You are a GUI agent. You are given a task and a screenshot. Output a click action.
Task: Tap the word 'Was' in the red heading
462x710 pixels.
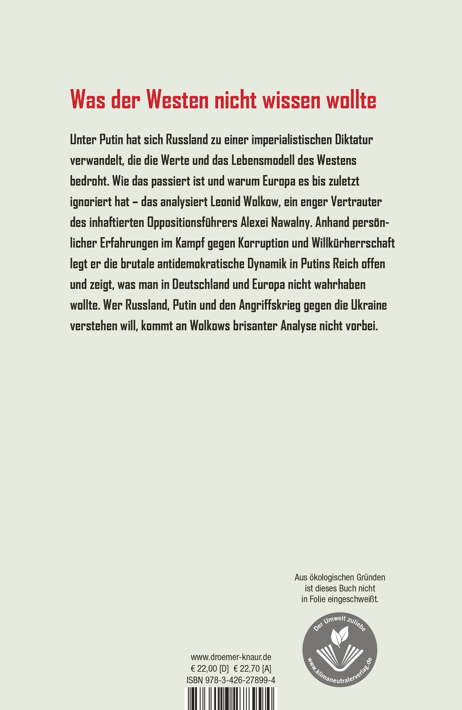tap(87, 100)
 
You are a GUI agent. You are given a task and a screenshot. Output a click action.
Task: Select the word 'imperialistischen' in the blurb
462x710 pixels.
tap(292, 140)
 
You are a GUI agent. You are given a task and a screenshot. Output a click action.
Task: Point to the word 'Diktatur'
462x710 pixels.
tap(354, 140)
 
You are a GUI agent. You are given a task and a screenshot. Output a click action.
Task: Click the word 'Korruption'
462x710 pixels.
tap(263, 243)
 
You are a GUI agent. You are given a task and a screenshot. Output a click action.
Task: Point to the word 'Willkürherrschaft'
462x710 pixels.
tap(353, 243)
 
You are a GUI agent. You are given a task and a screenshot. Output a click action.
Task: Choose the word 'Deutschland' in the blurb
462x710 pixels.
tap(201, 284)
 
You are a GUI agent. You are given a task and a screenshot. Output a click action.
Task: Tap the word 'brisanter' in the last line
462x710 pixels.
tap(255, 326)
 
